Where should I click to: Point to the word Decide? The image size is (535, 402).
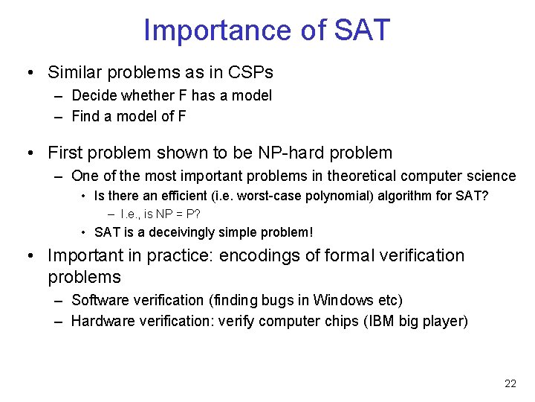(x=94, y=95)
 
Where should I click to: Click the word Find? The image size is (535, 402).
(x=85, y=116)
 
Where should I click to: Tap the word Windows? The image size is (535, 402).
(x=343, y=300)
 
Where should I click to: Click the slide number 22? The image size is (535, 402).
(x=510, y=383)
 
